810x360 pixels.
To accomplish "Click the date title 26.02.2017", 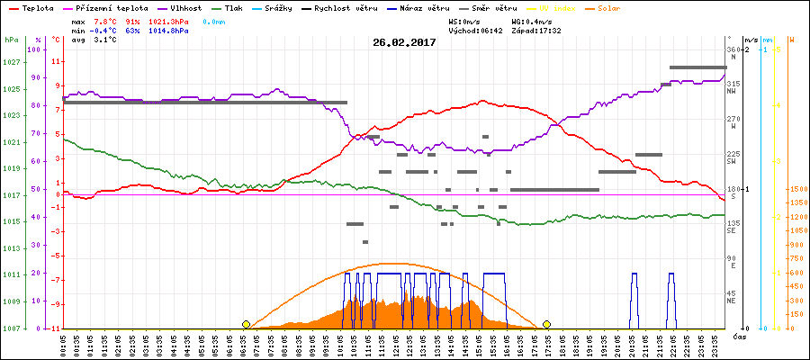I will tap(404, 41).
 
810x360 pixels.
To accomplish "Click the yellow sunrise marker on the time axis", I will tap(246, 324).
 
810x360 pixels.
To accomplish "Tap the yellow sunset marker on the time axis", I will tap(546, 324).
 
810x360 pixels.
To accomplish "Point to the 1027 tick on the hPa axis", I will tap(11, 62).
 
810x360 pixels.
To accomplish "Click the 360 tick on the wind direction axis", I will tap(733, 49).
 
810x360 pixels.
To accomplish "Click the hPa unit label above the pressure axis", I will tap(11, 40).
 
